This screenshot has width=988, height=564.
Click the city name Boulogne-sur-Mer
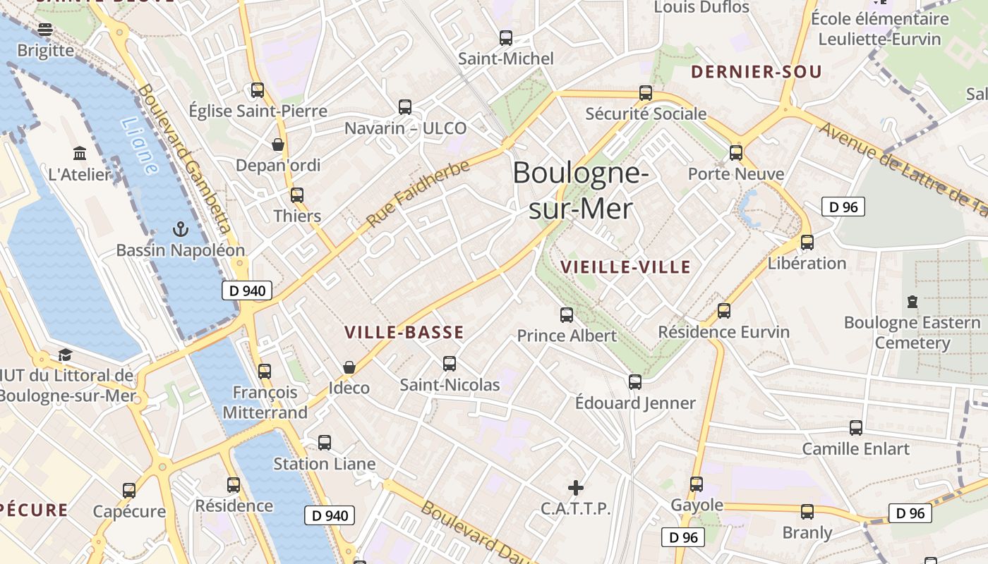[580, 190]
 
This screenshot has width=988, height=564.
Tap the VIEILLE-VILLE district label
[625, 267]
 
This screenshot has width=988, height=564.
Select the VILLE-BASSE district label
[404, 333]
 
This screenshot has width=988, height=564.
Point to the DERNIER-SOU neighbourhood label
[756, 72]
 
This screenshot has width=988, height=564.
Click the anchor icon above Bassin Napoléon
[181, 229]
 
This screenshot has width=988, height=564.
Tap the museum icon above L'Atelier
[80, 153]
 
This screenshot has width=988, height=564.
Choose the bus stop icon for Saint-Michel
[505, 38]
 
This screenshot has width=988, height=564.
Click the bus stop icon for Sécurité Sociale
[645, 93]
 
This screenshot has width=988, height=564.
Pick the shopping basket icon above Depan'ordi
[278, 145]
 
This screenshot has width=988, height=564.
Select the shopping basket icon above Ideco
[349, 367]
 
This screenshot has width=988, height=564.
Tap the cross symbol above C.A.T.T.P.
[576, 487]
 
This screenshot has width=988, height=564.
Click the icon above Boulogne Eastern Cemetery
[912, 302]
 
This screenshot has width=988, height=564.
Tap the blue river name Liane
[140, 145]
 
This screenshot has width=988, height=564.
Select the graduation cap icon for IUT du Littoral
[66, 355]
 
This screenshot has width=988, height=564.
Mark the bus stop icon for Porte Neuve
[736, 153]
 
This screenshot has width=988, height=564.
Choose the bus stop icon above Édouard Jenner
[635, 382]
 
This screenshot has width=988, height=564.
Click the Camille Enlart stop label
[855, 449]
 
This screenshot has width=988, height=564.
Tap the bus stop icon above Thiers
[297, 195]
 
